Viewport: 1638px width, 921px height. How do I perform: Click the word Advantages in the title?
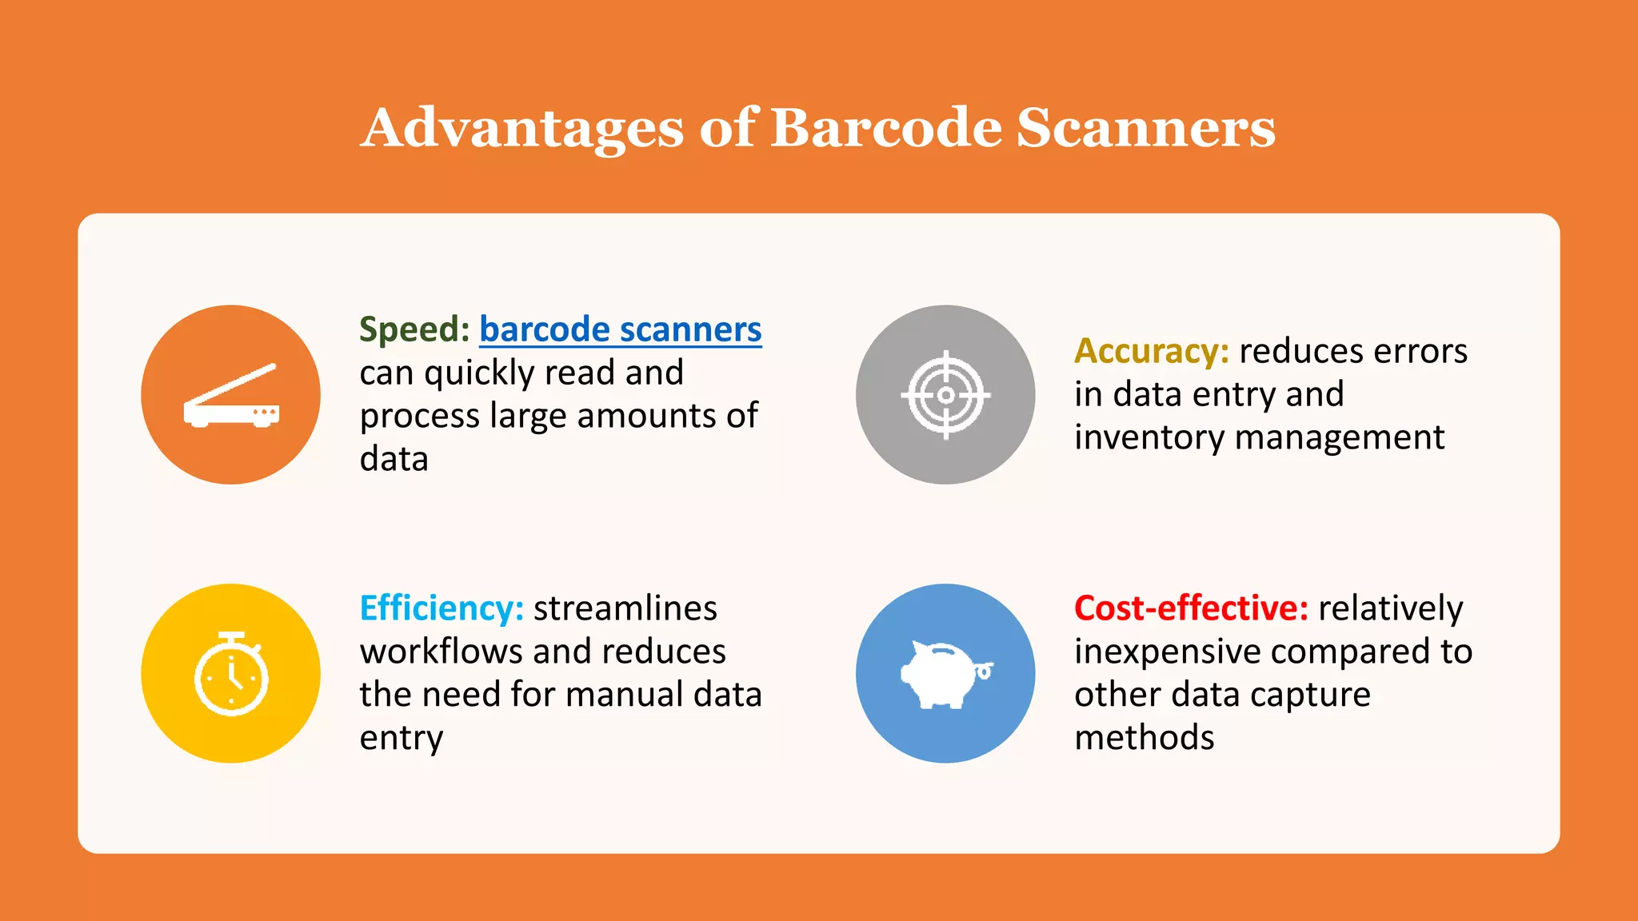[522, 128]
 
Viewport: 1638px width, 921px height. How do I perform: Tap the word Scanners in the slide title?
[1145, 128]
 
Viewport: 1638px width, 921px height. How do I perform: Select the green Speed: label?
[413, 329]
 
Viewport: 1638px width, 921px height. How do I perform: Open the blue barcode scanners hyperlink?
[620, 329]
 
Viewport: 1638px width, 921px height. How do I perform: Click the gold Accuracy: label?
[1151, 351]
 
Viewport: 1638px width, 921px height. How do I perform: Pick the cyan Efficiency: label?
[441, 608]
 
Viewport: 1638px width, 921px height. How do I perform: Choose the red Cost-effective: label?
[1191, 608]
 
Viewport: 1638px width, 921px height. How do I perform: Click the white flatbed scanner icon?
[231, 396]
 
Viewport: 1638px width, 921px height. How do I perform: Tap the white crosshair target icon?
[945, 395]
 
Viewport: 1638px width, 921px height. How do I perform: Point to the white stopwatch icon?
[231, 674]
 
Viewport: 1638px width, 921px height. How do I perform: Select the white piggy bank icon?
[945, 675]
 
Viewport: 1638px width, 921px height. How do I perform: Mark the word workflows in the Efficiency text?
[441, 652]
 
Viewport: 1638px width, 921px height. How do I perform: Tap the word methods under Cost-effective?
[1144, 738]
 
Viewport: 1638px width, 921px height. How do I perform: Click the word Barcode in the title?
[885, 128]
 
